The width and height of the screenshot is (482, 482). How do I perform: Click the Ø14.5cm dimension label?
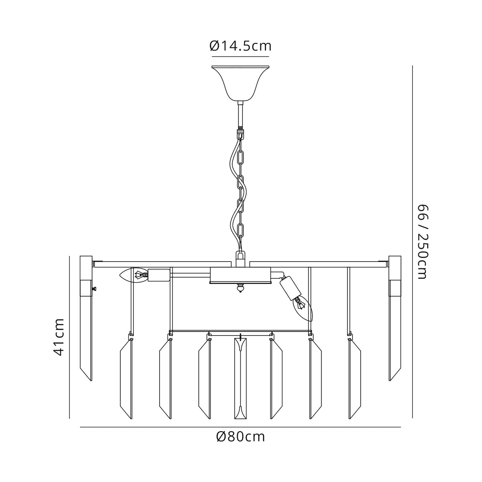point(240,46)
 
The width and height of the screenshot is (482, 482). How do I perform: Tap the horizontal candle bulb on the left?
point(134,275)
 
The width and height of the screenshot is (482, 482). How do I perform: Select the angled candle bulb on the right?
point(303,308)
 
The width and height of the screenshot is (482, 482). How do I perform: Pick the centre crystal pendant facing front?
point(240,378)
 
